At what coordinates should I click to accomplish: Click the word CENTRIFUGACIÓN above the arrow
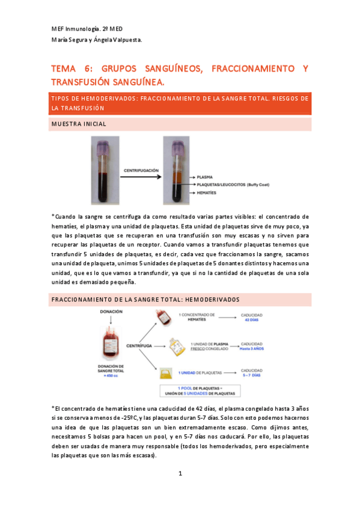pos(141,170)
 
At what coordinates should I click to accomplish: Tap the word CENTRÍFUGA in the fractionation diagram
pos(139,346)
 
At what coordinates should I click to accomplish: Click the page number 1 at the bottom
pos(180,474)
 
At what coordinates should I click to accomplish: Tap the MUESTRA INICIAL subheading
pos(79,124)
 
